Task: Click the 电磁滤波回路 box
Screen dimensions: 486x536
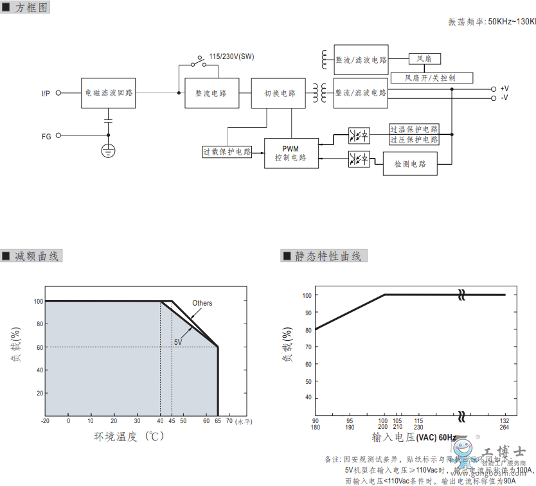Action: coord(109,93)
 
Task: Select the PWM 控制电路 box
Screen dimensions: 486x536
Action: coord(291,153)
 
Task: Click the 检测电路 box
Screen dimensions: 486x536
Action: coord(410,164)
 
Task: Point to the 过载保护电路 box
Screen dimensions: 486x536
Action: coord(227,152)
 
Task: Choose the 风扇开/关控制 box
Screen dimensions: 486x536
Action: coord(432,78)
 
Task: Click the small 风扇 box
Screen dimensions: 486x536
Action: coord(424,59)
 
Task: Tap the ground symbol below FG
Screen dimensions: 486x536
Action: coord(108,151)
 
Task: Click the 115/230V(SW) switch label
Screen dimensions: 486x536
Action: coord(231,56)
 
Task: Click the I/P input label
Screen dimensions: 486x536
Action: coord(46,94)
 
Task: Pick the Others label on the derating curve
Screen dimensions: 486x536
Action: coord(202,303)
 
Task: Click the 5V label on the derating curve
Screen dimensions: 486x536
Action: coord(178,343)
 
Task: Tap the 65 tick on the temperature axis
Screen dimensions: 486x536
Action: coord(218,421)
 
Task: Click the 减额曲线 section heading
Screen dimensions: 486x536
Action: coord(37,256)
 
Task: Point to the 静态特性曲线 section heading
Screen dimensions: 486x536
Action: coord(328,256)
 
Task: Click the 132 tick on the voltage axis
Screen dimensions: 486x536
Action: coord(505,421)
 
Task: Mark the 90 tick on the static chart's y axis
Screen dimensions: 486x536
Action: coord(308,313)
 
